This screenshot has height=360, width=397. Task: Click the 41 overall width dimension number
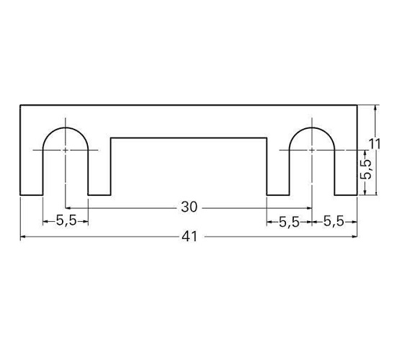pos(189,237)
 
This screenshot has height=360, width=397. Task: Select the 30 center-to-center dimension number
pos(189,207)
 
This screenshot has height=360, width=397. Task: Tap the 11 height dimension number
pos(375,144)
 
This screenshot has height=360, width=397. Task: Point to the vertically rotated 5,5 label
pos(367,169)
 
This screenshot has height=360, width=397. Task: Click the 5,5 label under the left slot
pos(66,220)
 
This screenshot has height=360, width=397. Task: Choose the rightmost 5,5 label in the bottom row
pos(334,221)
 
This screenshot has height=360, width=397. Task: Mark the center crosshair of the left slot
pos(66,150)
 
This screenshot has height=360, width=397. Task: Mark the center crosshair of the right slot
pos(312,150)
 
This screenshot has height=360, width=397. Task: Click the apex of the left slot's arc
pos(66,127)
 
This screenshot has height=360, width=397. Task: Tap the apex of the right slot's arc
pos(312,127)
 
